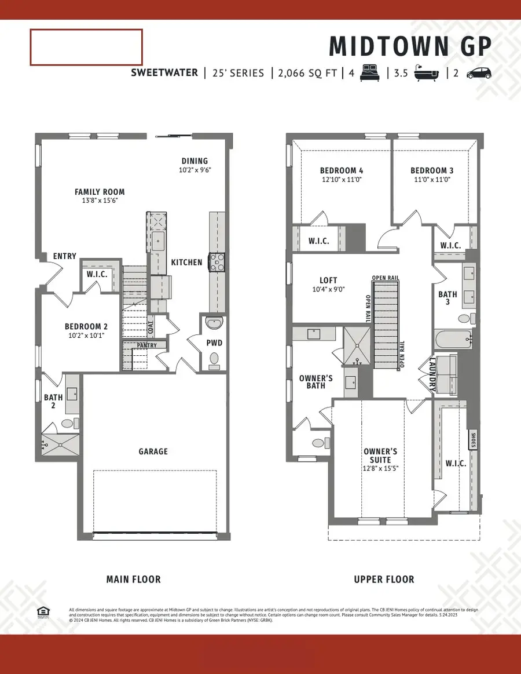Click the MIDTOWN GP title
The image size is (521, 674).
click(410, 46)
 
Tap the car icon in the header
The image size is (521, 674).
click(479, 74)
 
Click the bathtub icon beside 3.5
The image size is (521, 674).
click(427, 74)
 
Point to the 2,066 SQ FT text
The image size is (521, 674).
click(306, 74)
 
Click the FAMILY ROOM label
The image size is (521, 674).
click(100, 192)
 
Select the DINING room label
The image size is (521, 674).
click(195, 161)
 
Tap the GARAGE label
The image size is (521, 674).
click(153, 451)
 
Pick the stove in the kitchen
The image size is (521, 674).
click(217, 263)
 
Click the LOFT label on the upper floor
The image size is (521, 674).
click(328, 280)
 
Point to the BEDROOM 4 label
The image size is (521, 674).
click(342, 170)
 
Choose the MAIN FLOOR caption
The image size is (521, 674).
click(134, 579)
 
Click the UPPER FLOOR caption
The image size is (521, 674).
click(384, 579)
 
